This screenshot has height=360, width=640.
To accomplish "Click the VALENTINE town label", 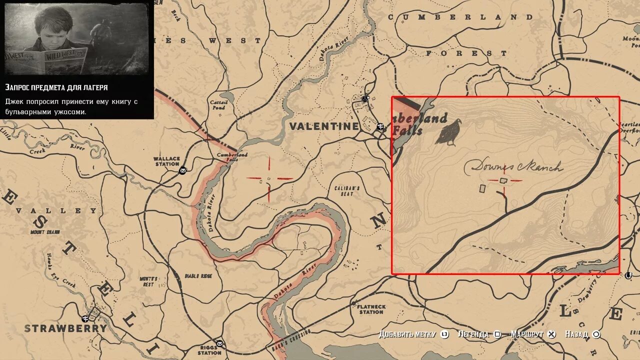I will pos(324,126).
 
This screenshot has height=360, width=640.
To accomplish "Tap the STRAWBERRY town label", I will pos(65,328).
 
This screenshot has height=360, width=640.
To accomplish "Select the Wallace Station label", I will pos(167,161).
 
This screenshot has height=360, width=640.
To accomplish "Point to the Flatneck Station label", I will pos(371,309).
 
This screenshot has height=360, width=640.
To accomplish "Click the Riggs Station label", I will pos(209,349).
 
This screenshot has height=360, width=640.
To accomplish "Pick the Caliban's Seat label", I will pos(347,191).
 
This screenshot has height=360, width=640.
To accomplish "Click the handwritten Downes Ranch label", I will pos(514,167).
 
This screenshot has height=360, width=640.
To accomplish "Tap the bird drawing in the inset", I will pos(448,132).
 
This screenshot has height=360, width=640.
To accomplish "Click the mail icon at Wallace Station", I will pos(183,171).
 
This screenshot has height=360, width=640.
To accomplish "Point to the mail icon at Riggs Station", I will pos(219,343).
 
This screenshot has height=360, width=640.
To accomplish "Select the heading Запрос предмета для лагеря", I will pos(56,87).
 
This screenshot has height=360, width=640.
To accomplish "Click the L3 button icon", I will pos(444,334).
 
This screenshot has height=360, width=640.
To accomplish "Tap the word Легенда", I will pos(473,334).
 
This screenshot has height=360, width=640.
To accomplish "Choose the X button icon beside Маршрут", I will pos(551,334).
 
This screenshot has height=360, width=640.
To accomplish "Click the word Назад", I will pos(576,334).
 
